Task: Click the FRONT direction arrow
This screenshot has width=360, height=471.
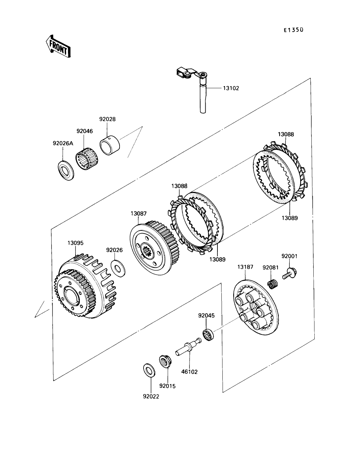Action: [x=58, y=47]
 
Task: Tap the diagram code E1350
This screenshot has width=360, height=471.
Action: [x=294, y=30]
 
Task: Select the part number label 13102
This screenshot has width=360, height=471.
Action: [x=231, y=88]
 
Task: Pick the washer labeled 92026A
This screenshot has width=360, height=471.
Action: [x=66, y=170]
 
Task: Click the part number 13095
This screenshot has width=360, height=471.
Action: [x=76, y=243]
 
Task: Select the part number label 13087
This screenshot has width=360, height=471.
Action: [x=139, y=213]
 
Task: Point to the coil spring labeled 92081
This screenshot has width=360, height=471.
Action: [x=273, y=284]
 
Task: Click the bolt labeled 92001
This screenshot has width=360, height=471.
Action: [x=290, y=273]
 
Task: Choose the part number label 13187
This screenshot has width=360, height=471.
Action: [x=245, y=267]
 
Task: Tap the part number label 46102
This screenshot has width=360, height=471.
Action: [x=190, y=372]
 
